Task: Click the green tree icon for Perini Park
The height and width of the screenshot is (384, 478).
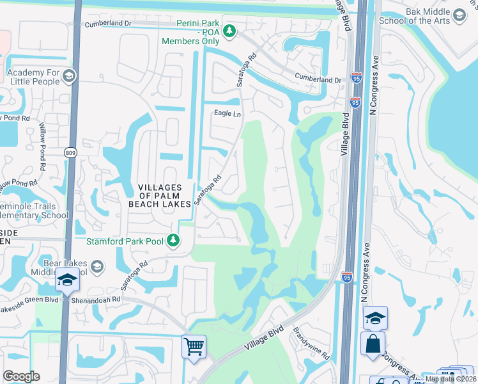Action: [230, 30]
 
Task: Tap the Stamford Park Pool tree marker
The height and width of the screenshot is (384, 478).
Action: [173, 241]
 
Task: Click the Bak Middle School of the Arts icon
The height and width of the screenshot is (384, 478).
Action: [458, 15]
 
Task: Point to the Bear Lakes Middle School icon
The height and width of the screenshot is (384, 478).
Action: [96, 266]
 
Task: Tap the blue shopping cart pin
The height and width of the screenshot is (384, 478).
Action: [194, 347]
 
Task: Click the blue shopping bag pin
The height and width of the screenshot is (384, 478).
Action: [373, 343]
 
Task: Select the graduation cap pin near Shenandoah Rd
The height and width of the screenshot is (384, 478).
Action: [66, 280]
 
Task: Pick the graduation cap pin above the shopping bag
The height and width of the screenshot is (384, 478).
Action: [374, 317]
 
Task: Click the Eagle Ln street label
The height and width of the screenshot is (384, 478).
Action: [227, 114]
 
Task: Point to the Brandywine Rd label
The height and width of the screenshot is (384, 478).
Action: [311, 344]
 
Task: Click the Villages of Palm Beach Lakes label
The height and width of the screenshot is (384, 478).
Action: [160, 195]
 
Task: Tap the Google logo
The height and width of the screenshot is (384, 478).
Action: [22, 376]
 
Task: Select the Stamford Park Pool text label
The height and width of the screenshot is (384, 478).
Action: [125, 241]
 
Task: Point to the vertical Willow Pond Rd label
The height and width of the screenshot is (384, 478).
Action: [43, 146]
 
